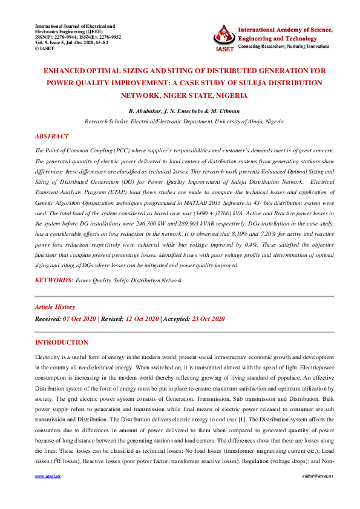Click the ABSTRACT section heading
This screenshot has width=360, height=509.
click(x=52, y=137)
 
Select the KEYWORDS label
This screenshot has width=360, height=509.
click(x=54, y=280)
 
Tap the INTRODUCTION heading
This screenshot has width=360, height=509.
click(x=62, y=342)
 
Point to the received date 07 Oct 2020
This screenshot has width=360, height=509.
click(x=80, y=319)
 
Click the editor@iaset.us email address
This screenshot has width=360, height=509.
click(x=308, y=493)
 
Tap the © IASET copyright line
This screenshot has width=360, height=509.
click(x=48, y=48)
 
